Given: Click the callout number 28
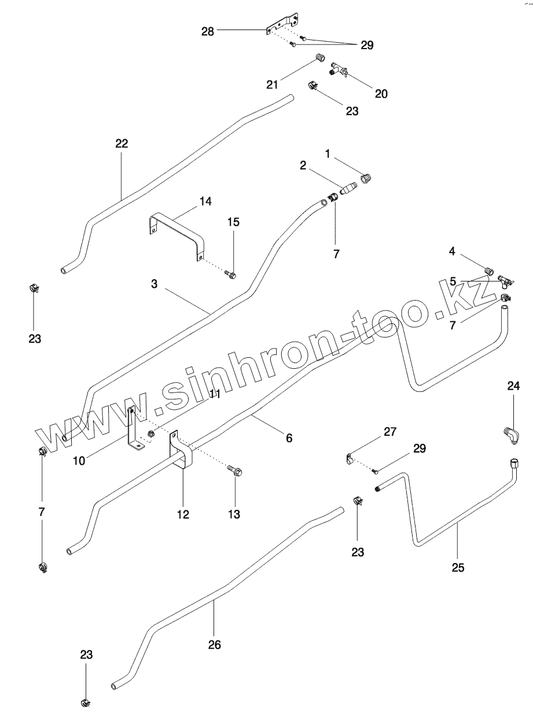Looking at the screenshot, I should [x=207, y=31].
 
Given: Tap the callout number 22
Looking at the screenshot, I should [x=122, y=143].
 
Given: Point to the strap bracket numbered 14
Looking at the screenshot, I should [x=174, y=228].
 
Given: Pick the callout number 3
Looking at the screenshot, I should [x=155, y=284].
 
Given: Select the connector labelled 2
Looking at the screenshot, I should [x=348, y=188].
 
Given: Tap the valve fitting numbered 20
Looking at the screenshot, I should [x=338, y=72].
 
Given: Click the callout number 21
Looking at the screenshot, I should [x=273, y=84].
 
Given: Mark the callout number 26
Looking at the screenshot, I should [x=214, y=644].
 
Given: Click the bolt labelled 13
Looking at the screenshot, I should [x=235, y=472].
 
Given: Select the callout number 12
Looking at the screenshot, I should [x=183, y=514].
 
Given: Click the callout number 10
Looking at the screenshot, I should [x=80, y=461].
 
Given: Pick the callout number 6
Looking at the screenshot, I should [x=289, y=438].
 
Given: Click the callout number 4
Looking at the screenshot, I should [x=453, y=251].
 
